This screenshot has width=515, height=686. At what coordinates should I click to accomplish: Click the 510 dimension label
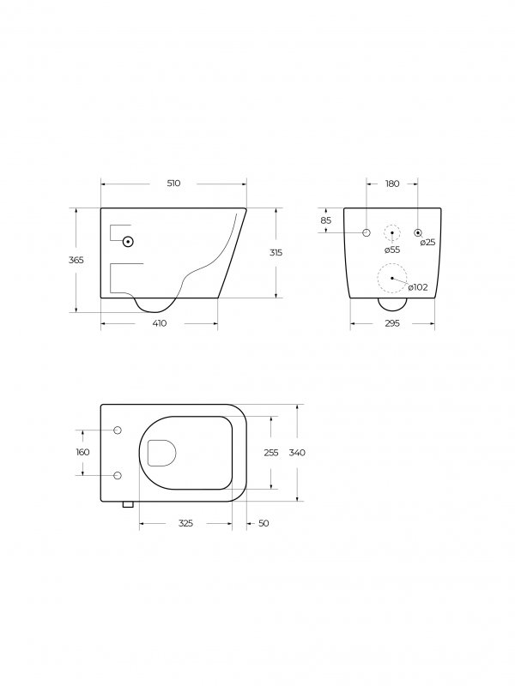pyautogui.click(x=173, y=184)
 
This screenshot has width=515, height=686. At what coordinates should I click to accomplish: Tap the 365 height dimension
pyautogui.click(x=76, y=260)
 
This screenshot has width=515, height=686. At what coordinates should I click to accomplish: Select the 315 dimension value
pyautogui.click(x=276, y=252)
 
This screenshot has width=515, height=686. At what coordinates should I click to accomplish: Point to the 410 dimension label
pyautogui.click(x=160, y=323)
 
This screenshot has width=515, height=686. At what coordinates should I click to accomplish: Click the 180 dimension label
pyautogui.click(x=392, y=184)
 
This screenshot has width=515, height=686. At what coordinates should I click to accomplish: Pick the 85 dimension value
pyautogui.click(x=326, y=220)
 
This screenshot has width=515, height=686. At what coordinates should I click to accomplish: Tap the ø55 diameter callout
pyautogui.click(x=392, y=250)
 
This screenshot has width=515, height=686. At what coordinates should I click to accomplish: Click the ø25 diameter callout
pyautogui.click(x=427, y=242)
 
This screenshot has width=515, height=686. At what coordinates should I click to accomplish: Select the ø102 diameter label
pyautogui.click(x=417, y=287)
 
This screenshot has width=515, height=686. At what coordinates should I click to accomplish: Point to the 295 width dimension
pyautogui.click(x=392, y=323)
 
